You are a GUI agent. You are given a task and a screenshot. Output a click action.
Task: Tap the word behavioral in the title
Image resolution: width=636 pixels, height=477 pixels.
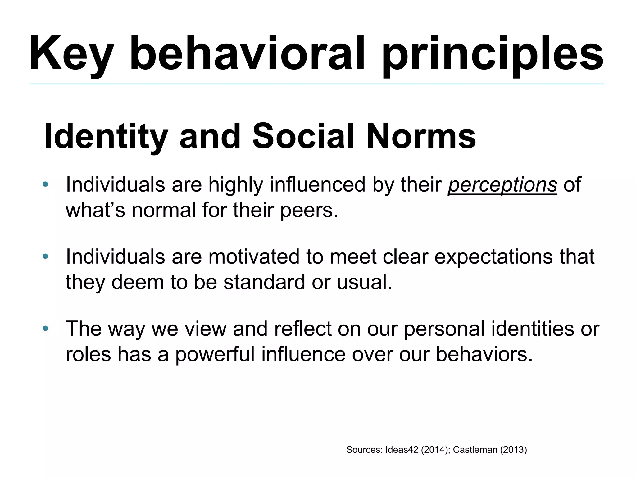coord(247,53)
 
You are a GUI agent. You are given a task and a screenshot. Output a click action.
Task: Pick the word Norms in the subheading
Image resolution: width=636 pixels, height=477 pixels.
coord(421,137)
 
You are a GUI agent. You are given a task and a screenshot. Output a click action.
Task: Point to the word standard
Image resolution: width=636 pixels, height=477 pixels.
coord(264,282)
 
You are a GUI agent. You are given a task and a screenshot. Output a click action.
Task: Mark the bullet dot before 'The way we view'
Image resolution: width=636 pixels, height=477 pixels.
coord(46,328)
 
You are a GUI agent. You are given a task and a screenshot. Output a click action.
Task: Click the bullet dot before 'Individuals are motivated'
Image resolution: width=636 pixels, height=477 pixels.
coord(46,257)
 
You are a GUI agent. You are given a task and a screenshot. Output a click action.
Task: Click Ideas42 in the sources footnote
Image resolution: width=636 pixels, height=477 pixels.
coord(402,450)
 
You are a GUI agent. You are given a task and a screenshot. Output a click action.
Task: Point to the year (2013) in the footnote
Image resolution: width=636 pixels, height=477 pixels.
coord(513,450)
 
